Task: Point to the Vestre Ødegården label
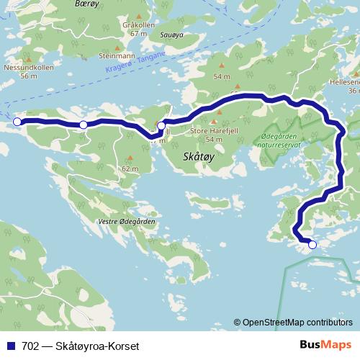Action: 127,222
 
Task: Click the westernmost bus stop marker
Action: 17,122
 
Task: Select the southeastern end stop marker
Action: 312,245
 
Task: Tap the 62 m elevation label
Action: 130,168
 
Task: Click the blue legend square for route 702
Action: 12,345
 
